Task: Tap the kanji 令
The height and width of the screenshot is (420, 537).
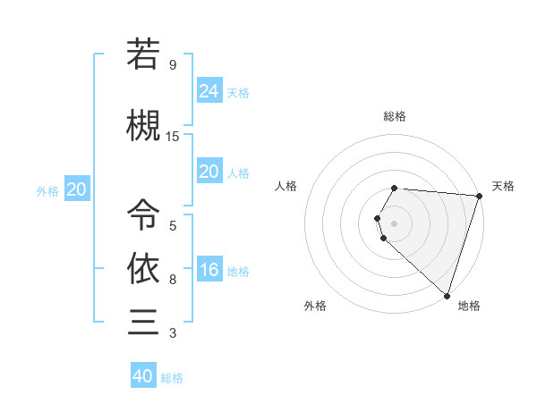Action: (144, 214)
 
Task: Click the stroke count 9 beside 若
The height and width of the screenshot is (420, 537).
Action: (173, 65)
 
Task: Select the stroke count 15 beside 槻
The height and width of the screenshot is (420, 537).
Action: (173, 137)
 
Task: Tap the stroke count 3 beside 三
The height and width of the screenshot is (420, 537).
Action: (173, 333)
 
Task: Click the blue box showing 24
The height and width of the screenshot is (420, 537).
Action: (209, 90)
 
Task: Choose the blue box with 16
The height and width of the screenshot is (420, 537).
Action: (209, 270)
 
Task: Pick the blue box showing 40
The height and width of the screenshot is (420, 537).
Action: (143, 376)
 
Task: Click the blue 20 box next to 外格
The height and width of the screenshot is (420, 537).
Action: (77, 189)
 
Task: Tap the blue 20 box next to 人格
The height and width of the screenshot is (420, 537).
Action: (209, 172)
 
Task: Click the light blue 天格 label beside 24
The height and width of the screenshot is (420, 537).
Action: (238, 92)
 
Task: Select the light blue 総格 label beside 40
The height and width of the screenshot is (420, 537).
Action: (172, 378)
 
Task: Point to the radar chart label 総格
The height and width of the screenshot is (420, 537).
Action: (395, 116)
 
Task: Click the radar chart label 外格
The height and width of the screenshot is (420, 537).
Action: (315, 306)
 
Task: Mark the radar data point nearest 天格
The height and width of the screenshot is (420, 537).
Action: (479, 197)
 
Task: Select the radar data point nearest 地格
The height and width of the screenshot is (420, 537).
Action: (447, 295)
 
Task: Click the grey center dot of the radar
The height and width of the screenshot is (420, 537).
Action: (395, 223)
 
